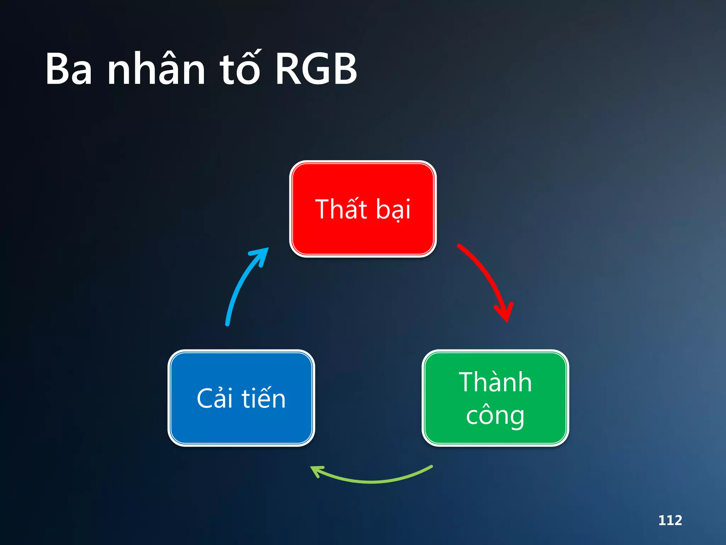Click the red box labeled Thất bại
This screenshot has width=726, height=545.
point(363,234)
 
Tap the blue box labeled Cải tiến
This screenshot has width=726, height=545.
point(241,426)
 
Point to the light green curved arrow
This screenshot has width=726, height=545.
point(372,481)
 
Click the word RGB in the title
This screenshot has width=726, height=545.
point(316,69)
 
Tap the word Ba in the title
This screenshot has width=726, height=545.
point(69,69)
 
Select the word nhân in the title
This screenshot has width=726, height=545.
point(156,69)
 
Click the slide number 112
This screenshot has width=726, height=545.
point(670,520)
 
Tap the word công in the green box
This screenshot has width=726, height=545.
point(495,415)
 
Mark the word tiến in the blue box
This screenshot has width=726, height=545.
point(264,398)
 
